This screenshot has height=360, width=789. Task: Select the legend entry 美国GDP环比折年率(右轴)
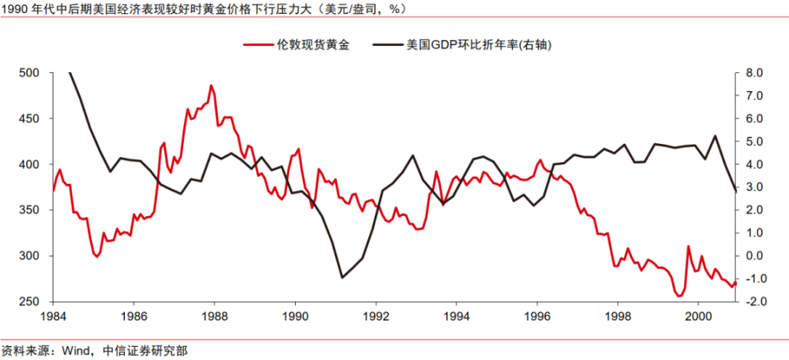[x=478, y=45]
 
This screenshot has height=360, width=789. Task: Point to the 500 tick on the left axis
[x=30, y=73]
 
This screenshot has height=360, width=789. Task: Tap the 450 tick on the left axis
[x=30, y=118]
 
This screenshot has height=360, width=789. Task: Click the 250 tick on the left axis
[x=30, y=302]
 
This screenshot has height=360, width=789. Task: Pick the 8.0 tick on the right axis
[x=754, y=73]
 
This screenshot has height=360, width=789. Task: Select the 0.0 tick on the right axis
[x=754, y=256]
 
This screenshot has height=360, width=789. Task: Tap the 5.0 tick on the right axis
[x=754, y=141]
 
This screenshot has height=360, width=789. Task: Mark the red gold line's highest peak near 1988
[x=211, y=85]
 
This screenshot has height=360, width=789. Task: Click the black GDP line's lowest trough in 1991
[x=342, y=277]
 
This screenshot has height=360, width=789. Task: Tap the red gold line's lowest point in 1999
[x=679, y=296]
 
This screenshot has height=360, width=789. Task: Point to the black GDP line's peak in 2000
[x=715, y=136]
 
